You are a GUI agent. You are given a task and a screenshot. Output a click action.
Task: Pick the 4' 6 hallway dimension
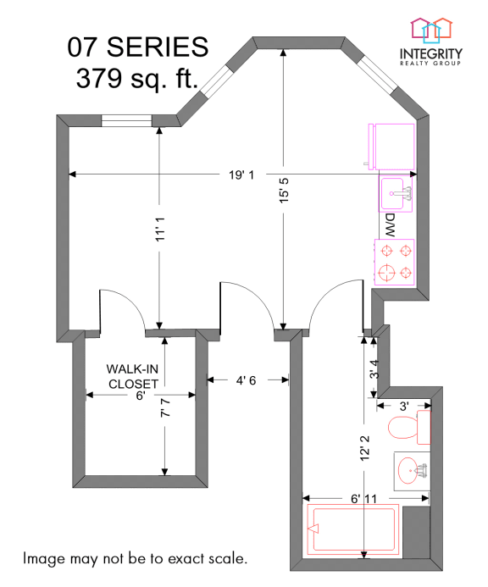pos(247,380)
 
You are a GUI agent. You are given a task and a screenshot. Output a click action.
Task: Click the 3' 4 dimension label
pos(374,369)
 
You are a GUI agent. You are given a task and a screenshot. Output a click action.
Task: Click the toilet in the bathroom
pos(409,428)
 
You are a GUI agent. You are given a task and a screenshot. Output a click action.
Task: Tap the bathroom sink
pos(412,467)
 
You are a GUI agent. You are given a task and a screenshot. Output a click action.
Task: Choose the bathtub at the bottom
pos(352,530)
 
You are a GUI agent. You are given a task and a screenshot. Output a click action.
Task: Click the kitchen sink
pos(396,193)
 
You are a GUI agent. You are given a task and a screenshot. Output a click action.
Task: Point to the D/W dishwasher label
pos(391,224)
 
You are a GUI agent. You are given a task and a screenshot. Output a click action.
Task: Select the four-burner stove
pos(395,262)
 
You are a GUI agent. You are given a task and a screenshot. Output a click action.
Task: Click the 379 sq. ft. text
pos(136,80)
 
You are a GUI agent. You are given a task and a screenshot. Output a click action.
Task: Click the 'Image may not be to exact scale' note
pos(136,559)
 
